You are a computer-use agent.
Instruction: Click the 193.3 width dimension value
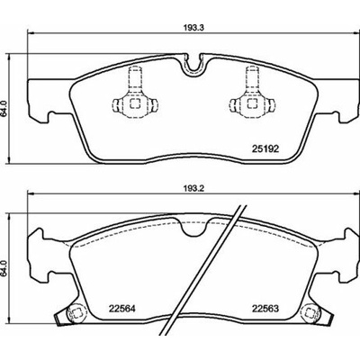193,28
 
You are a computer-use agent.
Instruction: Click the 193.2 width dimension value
193,188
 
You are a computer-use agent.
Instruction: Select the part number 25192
265,148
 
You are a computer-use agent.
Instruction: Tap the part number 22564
122,309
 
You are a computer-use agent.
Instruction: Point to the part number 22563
265,309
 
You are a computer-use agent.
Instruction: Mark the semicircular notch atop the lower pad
193,227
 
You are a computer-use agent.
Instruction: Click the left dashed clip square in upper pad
135,103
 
